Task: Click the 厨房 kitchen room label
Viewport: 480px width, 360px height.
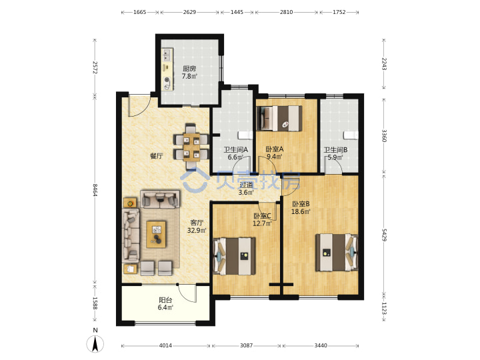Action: coord(189,69)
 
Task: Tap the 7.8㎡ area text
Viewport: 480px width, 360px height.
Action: coord(189,76)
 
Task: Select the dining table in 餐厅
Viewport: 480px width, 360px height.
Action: coord(191,147)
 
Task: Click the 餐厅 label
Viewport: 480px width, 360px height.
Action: coord(157,156)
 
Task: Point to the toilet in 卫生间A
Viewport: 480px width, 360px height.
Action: coord(245,135)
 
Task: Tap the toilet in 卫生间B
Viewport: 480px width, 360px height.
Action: coord(351,135)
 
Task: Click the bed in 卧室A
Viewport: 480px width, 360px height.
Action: coord(279,119)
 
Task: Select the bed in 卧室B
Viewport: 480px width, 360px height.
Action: coord(337,253)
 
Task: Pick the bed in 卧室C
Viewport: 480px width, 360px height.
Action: coord(234,256)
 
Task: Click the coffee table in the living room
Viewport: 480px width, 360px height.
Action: coord(156,234)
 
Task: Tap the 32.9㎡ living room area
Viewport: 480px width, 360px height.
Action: coord(197,230)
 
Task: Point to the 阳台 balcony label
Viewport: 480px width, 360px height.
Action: coord(165,300)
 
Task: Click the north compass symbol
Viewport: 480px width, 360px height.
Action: coord(95,343)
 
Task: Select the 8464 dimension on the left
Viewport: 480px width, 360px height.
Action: coord(95,190)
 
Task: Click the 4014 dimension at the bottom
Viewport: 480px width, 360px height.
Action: coord(165,345)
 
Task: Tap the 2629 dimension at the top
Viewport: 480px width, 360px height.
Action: coord(189,12)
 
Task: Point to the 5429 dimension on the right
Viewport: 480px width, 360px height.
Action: coord(384,234)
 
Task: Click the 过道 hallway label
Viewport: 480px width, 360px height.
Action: coord(246,185)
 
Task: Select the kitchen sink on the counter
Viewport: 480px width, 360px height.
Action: coord(167,55)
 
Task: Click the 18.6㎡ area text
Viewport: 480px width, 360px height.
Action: coord(301,211)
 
